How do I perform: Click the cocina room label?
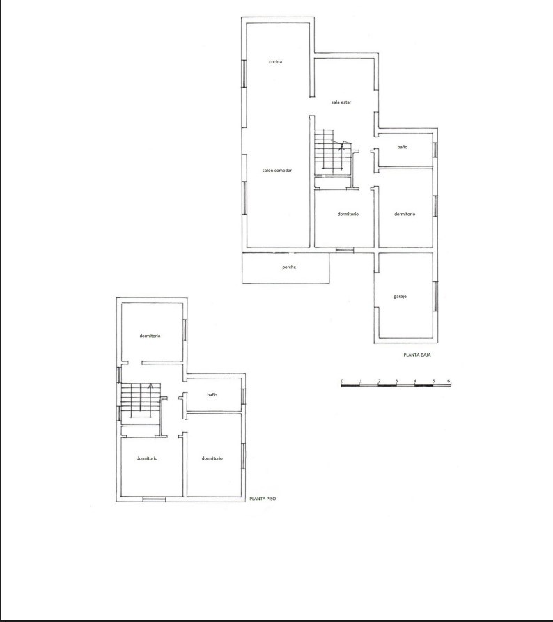point(275,62)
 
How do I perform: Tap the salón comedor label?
point(277,171)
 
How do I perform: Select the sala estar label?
point(341,102)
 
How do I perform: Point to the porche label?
point(289,267)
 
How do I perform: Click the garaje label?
point(400,297)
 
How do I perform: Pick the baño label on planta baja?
point(403,147)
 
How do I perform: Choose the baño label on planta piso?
point(212,395)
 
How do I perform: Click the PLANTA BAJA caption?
point(417,355)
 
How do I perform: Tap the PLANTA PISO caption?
point(263,499)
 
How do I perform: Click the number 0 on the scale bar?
point(342,382)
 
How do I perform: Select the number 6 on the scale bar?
point(449,381)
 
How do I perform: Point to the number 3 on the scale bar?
point(396,382)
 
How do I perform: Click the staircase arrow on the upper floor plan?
point(150,401)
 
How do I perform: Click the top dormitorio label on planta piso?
point(150,336)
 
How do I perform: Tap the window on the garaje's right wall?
point(435,296)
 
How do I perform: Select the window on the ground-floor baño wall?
point(435,150)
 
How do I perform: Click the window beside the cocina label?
point(244,74)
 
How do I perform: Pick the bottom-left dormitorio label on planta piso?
point(147,458)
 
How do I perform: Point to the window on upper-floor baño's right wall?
point(243,397)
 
